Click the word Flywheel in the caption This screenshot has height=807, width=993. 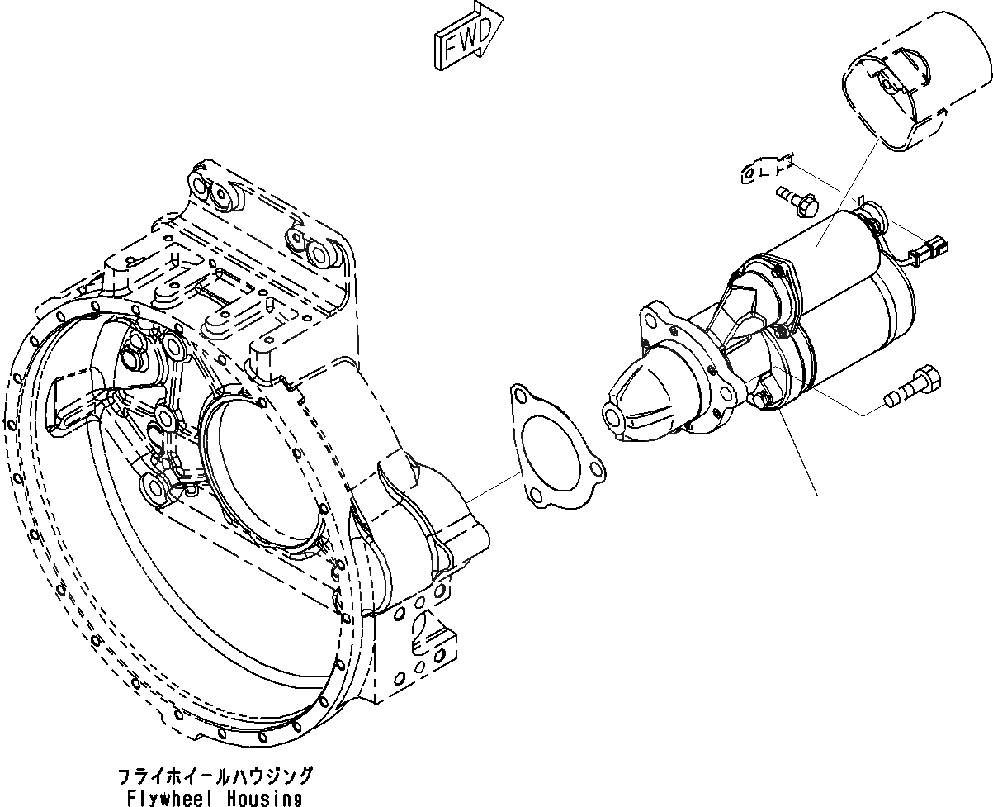[169, 799]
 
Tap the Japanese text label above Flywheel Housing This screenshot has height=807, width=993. [215, 776]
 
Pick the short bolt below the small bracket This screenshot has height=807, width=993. [796, 199]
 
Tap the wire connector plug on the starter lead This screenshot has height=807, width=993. [934, 245]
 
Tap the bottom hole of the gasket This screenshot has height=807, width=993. [537, 495]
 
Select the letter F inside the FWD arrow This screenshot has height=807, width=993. [453, 48]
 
